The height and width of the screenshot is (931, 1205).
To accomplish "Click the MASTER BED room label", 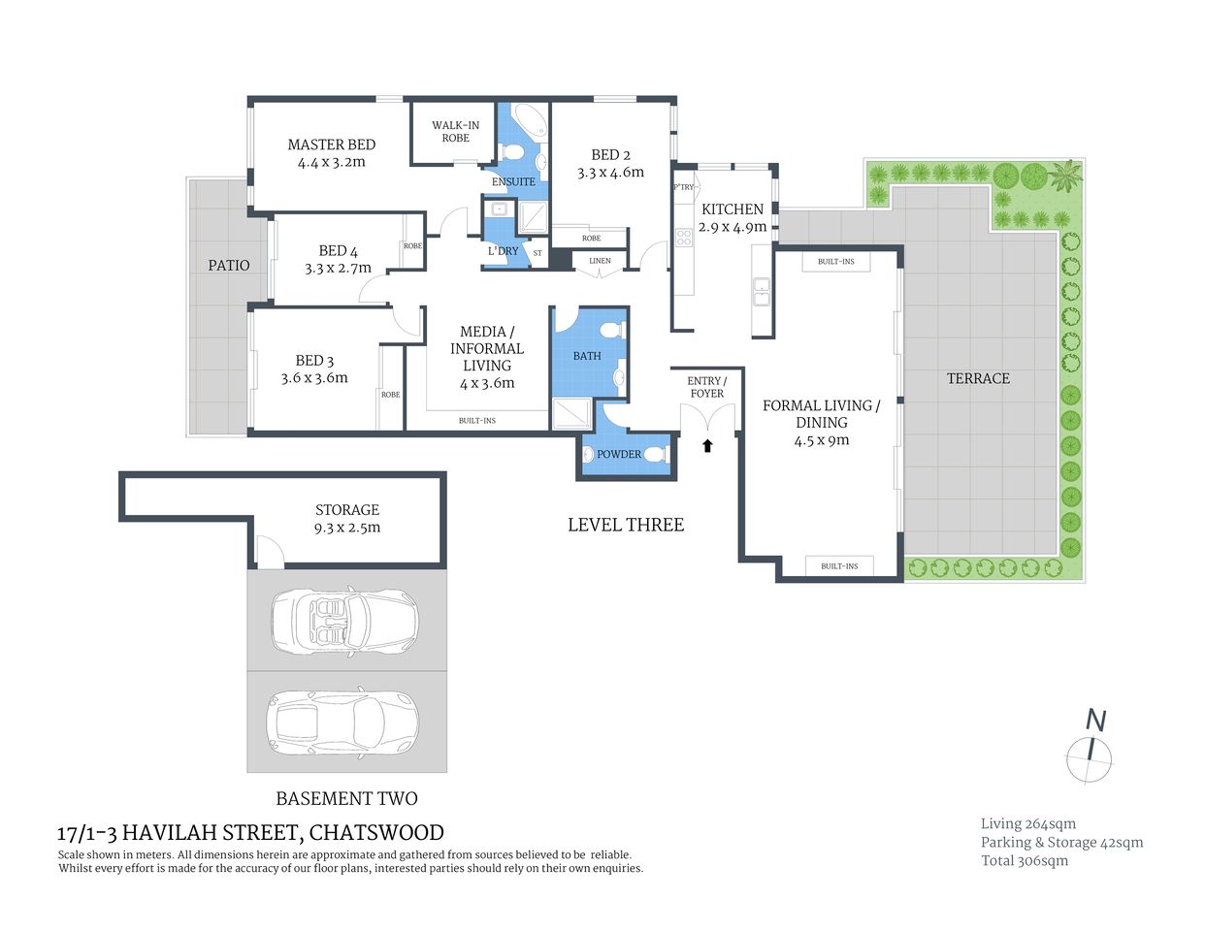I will (x=331, y=144).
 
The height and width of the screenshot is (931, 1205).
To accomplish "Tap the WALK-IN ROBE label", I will (x=455, y=131).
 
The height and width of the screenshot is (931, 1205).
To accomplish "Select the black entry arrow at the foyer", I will (x=707, y=445).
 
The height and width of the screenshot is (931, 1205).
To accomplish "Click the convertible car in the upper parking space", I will (x=343, y=620).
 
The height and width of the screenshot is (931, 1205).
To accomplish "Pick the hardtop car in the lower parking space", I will (x=343, y=722).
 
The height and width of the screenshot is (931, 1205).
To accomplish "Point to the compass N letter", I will (x=1095, y=721).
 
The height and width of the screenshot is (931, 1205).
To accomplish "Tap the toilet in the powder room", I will (x=656, y=453).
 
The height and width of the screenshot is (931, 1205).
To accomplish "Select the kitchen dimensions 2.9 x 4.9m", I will (x=733, y=227).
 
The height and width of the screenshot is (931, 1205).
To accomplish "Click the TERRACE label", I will (x=978, y=378).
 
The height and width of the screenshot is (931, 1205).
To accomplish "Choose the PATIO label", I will (x=228, y=265).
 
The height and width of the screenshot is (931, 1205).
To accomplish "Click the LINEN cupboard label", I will (x=600, y=261).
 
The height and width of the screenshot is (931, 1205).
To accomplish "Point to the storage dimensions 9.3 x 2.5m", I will (x=346, y=528).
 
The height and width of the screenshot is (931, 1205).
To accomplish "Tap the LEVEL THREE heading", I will (x=626, y=525).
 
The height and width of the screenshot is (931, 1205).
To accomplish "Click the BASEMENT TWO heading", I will (x=346, y=798).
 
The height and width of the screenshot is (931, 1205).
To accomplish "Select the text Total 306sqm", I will (x=1024, y=860).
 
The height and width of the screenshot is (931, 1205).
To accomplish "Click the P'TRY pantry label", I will (x=683, y=187).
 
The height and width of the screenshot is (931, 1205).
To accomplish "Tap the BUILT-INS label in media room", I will (x=476, y=420).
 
